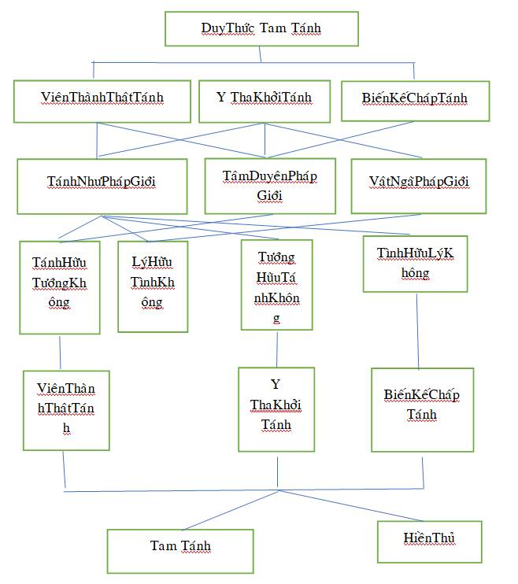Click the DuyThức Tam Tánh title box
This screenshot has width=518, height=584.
pos(261,29)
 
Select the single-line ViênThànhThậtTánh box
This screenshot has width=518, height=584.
pos(102,98)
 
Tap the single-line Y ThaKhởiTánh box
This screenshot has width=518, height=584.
pos(264,98)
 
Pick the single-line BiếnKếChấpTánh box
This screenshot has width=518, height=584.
pos(415,98)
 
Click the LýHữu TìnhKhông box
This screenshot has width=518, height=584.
pos(153,283)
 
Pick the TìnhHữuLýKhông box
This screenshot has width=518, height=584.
pos(415,264)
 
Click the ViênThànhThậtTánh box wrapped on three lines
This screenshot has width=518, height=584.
pos(66,409)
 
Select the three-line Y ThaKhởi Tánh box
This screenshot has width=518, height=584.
pos(276,406)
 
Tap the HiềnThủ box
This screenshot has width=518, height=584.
pos(429,540)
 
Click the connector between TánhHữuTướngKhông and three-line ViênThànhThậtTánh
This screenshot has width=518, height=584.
pos(60,351)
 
